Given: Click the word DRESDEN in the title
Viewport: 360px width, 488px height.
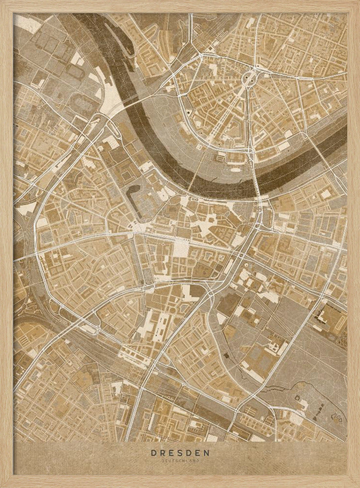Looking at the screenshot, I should click(x=180, y=453).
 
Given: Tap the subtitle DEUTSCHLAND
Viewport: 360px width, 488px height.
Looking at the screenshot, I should click(x=180, y=460).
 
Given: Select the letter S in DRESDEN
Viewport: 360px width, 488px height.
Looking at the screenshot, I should click(x=180, y=453).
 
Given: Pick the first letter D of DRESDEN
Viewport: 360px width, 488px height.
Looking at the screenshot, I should click(x=153, y=453).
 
